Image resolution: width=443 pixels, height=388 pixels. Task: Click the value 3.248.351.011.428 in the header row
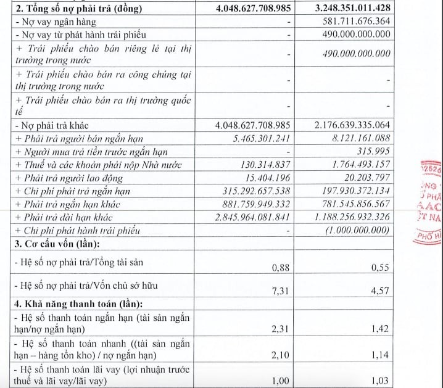pyautogui.click(x=344, y=9)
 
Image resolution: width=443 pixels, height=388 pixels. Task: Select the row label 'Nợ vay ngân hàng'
pyautogui.click(x=56, y=22)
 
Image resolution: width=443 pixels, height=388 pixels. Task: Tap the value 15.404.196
pyautogui.click(x=266, y=178)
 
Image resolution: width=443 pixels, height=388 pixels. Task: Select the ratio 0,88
pyautogui.click(x=281, y=266)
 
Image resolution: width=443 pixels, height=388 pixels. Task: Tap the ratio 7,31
pyautogui.click(x=281, y=290)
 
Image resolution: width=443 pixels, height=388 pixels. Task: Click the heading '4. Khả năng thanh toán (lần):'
pyautogui.click(x=78, y=303)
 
